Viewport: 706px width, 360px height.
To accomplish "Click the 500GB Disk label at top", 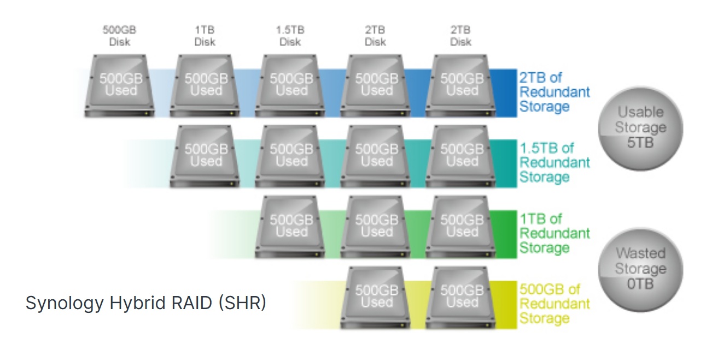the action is [119, 36].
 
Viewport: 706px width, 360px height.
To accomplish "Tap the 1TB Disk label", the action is [205, 36].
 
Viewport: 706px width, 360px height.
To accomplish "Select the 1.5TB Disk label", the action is [290, 36].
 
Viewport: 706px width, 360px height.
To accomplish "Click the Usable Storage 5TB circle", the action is [641, 129].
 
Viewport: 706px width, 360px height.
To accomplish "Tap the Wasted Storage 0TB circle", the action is [641, 270].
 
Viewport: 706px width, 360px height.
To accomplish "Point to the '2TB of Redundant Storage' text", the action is [555, 92].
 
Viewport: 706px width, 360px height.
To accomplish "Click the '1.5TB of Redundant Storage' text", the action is [555, 162].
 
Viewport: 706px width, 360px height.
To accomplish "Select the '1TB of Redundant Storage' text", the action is [555, 233].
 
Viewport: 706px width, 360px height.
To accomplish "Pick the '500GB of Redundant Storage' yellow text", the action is [555, 304].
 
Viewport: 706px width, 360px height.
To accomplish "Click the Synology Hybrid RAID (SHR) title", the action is [146, 303].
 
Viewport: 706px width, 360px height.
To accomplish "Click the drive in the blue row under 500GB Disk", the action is [119, 86].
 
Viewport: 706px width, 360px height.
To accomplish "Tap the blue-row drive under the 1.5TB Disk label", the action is [290, 86].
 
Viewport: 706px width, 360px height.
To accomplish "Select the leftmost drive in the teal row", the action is [205, 156].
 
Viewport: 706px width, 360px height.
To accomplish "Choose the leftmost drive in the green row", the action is [290, 227].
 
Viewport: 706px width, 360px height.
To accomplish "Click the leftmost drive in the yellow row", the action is [375, 298].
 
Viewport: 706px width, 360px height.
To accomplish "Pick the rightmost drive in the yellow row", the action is [460, 298].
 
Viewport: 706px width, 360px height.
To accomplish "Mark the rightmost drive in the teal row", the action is [460, 156].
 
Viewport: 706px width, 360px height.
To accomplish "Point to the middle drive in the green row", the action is [375, 227].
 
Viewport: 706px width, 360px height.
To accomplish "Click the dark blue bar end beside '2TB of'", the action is [506, 93].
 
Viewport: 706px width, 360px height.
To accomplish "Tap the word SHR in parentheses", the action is [242, 303].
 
